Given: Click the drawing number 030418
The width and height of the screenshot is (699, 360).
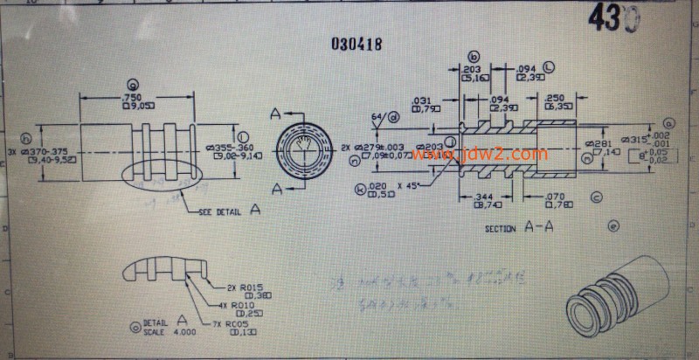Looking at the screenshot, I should pos(356,43).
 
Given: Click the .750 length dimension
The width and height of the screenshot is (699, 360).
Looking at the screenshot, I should pos(134,97).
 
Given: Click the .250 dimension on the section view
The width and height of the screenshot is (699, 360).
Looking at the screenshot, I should pos(554,98).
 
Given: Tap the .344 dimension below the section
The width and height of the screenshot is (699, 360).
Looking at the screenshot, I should pos(483,200).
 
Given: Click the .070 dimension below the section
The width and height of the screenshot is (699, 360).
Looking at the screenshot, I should pos(557,200).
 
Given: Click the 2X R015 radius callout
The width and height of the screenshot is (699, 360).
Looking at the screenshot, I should pos(246,287).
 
